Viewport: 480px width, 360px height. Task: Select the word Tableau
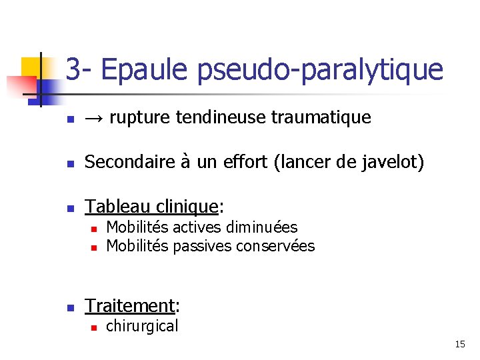(x=116, y=207)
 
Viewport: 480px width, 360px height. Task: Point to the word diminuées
(x=261, y=228)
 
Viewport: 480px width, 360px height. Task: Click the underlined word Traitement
(x=129, y=305)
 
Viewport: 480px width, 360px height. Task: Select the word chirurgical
(x=142, y=326)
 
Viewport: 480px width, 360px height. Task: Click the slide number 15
(x=460, y=344)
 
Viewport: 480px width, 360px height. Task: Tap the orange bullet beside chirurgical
(x=94, y=327)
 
